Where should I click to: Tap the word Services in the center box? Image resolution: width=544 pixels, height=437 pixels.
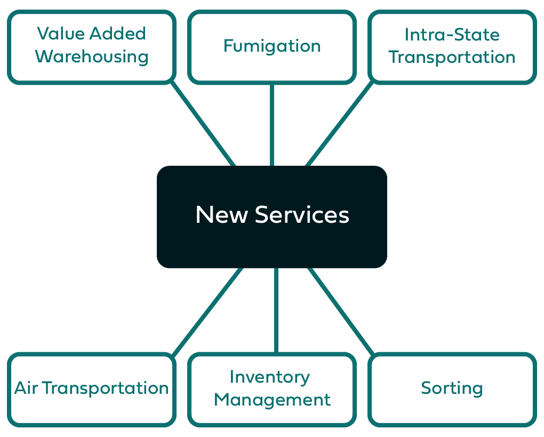click(302, 215)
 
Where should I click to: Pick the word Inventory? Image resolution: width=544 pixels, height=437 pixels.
click(270, 377)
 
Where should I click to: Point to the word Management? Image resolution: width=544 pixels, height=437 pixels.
click(272, 399)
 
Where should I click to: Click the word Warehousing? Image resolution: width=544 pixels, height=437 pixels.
click(91, 56)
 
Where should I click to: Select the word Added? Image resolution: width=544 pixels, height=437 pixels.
click(117, 34)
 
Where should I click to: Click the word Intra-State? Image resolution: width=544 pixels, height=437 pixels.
click(452, 35)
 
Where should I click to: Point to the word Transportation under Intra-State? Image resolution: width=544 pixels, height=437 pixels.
click(452, 57)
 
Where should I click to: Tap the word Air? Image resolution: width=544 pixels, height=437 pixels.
click(26, 388)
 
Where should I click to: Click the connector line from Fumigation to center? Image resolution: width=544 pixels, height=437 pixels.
click(272, 125)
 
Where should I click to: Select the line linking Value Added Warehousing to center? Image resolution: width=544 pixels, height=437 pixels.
click(203, 124)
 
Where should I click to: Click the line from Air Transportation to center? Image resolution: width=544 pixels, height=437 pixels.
click(208, 310)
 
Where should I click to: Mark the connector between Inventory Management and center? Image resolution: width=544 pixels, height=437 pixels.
click(276, 310)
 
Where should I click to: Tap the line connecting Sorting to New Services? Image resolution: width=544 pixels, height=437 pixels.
click(340, 310)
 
